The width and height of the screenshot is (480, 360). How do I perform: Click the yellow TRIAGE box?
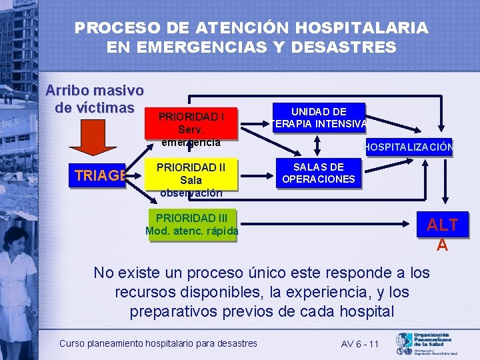101,176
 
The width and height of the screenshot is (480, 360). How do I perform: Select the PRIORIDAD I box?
191,124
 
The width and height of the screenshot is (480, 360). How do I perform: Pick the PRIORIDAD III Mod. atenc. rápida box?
192,225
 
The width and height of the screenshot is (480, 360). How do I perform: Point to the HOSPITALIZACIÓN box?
408,148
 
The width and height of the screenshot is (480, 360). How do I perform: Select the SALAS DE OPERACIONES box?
319,173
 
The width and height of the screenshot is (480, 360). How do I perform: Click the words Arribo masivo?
94,90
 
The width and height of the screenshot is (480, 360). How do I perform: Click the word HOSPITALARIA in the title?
361,28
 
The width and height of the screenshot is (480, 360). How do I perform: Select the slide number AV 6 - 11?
359,344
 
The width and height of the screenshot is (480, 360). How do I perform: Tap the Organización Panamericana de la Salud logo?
426,343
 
